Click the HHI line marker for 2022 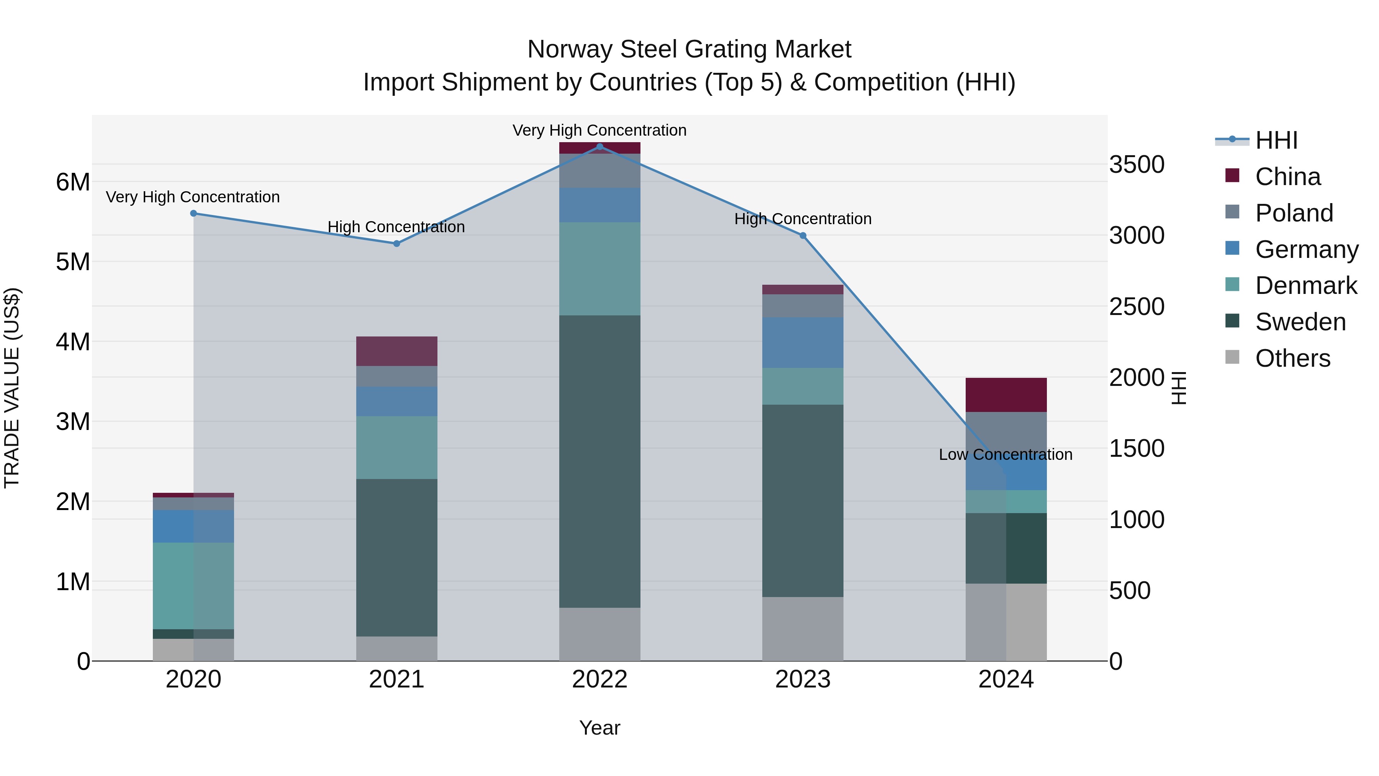[599, 146]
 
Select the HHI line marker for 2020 [194, 213]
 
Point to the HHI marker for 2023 [803, 236]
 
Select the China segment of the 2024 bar [1006, 395]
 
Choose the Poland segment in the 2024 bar [1006, 431]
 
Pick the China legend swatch [1232, 176]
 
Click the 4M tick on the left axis [73, 342]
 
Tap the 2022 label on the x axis [599, 679]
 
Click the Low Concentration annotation [1006, 454]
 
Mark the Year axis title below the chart [599, 728]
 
